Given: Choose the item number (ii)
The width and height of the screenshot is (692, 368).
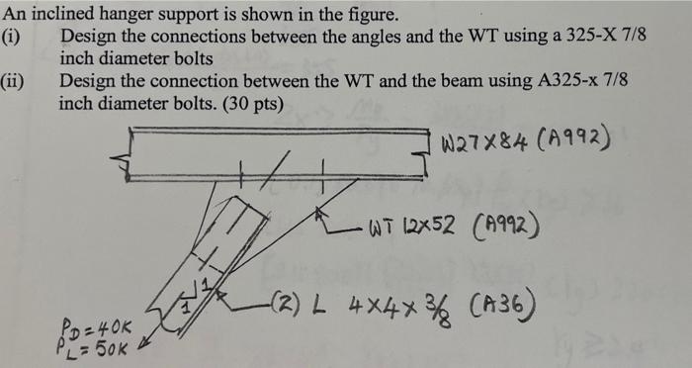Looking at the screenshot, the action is click(14, 81).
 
